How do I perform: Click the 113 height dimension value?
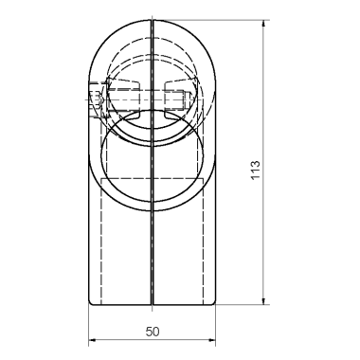(x=256, y=171)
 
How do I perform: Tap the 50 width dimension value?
(x=153, y=332)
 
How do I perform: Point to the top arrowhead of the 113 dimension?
(x=264, y=24)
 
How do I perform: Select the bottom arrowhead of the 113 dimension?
(x=264, y=301)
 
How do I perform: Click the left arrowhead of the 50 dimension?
(x=92, y=340)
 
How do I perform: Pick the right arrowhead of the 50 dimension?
(x=212, y=340)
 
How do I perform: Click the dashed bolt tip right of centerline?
(x=187, y=99)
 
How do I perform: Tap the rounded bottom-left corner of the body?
(x=90, y=302)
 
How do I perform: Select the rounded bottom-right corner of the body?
(x=214, y=302)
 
